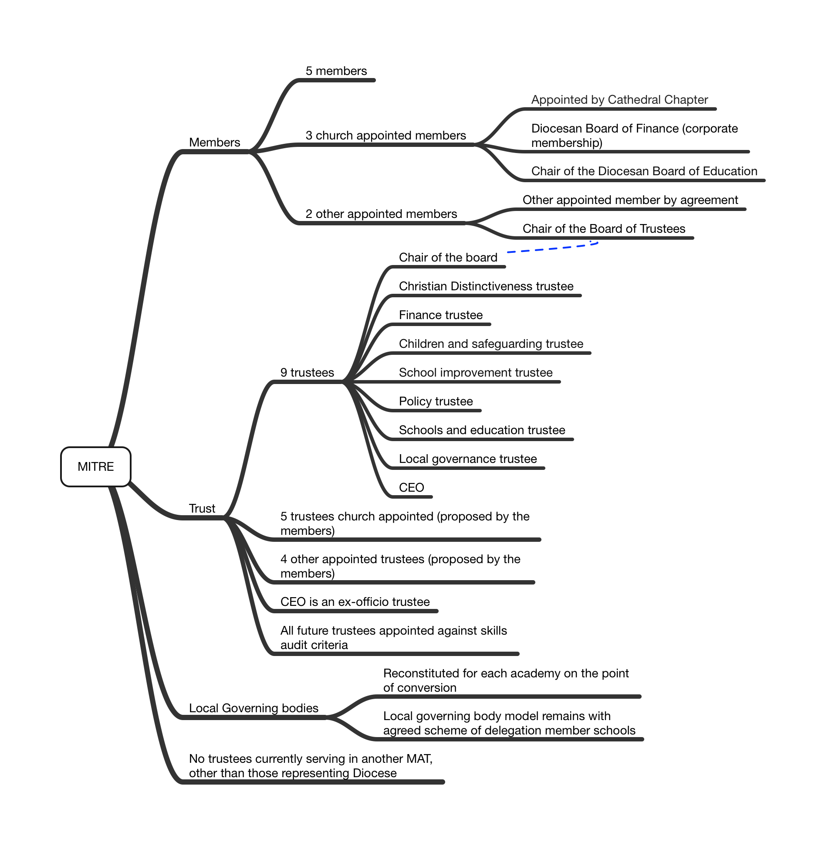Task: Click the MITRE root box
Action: click(x=96, y=466)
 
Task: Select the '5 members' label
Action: click(x=336, y=71)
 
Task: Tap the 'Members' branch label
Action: click(x=214, y=143)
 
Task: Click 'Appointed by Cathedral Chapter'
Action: click(x=619, y=100)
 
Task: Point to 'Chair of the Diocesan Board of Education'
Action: click(x=644, y=171)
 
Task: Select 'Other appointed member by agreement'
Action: click(x=630, y=200)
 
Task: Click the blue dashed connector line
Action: click(x=553, y=248)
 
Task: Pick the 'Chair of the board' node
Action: click(x=448, y=258)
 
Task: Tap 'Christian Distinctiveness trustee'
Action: click(x=486, y=286)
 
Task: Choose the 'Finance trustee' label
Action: click(x=441, y=315)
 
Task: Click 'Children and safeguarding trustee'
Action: click(x=491, y=344)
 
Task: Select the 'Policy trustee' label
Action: click(x=436, y=401)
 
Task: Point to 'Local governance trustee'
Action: click(x=468, y=459)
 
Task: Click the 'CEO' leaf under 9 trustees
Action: click(x=412, y=488)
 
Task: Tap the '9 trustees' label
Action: click(x=307, y=373)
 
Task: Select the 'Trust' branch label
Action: click(x=202, y=509)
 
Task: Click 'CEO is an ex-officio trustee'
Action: click(x=355, y=602)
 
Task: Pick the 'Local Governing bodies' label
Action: click(x=254, y=708)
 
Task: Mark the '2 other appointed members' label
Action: click(x=381, y=214)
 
